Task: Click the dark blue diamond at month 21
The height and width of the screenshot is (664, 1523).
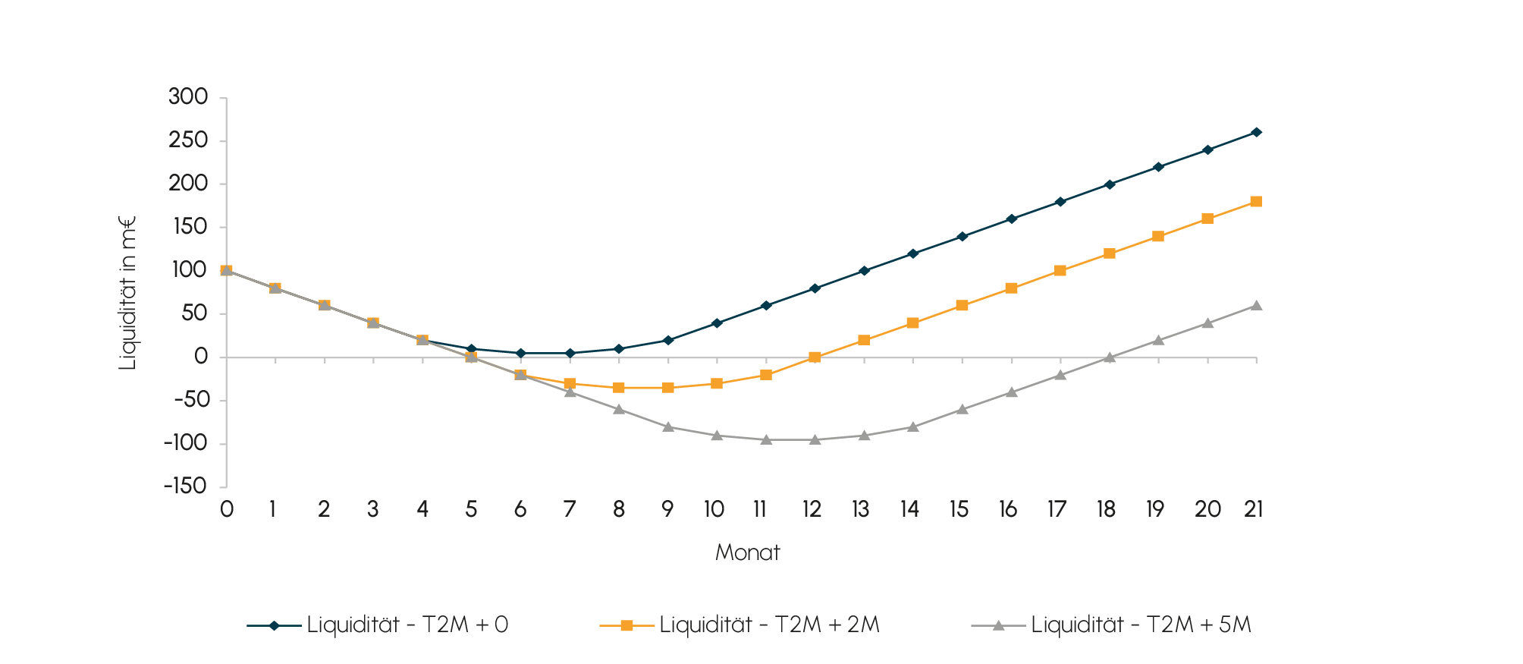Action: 1256,132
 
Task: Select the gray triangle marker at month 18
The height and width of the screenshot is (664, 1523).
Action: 1109,357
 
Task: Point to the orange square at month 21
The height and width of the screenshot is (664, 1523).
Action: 1256,202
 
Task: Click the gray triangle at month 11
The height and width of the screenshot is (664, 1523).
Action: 766,439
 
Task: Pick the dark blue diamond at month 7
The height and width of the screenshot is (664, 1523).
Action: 570,353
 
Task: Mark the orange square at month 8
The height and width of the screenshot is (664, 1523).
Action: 619,388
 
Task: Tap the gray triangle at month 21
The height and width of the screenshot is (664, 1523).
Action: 1256,306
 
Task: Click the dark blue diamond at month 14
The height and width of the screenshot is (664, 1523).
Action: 912,253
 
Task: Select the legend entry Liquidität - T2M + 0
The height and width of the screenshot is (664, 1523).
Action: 407,625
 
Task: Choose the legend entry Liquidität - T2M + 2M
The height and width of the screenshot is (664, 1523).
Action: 769,625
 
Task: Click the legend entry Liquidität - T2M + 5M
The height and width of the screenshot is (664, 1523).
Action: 1140,625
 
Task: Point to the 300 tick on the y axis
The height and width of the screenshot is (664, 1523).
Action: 188,97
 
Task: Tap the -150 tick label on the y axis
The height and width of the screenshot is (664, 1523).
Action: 185,486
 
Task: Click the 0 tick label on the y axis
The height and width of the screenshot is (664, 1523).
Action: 200,357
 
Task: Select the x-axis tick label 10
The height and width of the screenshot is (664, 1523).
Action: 714,509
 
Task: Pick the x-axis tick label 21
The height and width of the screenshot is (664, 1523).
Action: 1254,509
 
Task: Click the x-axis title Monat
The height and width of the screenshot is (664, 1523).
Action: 747,552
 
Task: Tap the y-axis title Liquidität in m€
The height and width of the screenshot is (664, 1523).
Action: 127,293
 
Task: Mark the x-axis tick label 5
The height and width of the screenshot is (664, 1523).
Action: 471,509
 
